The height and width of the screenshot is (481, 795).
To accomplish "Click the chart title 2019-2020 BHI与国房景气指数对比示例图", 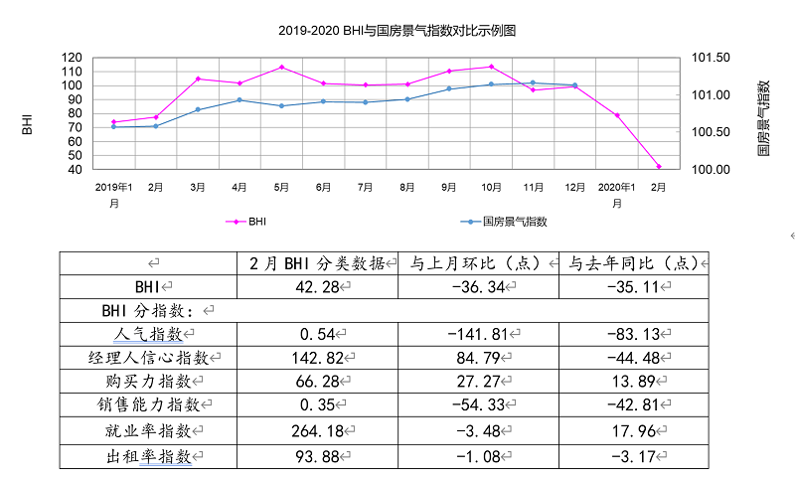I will (397, 31).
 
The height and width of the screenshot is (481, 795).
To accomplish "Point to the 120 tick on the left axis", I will (72, 58).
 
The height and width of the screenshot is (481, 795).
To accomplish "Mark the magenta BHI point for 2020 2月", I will (659, 167).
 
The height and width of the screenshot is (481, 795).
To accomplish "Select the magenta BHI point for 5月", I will (281, 68).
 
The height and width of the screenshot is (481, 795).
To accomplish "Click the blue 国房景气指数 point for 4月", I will (239, 100).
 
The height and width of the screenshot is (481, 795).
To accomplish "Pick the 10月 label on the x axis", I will (491, 187).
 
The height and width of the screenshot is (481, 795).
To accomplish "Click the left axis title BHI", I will (28, 124).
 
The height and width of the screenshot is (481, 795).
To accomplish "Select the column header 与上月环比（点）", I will (477, 263).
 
